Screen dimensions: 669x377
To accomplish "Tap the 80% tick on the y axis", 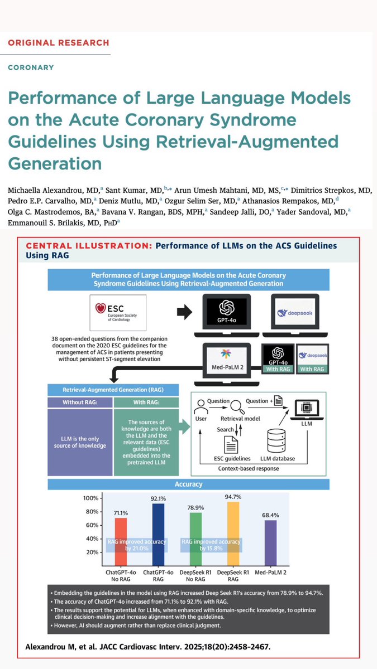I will (x=92, y=512).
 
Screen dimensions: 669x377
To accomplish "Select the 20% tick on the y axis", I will (x=92, y=552).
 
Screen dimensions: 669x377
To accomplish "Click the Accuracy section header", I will (x=189, y=485).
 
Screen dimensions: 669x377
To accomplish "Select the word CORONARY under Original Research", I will (x=31, y=67).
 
